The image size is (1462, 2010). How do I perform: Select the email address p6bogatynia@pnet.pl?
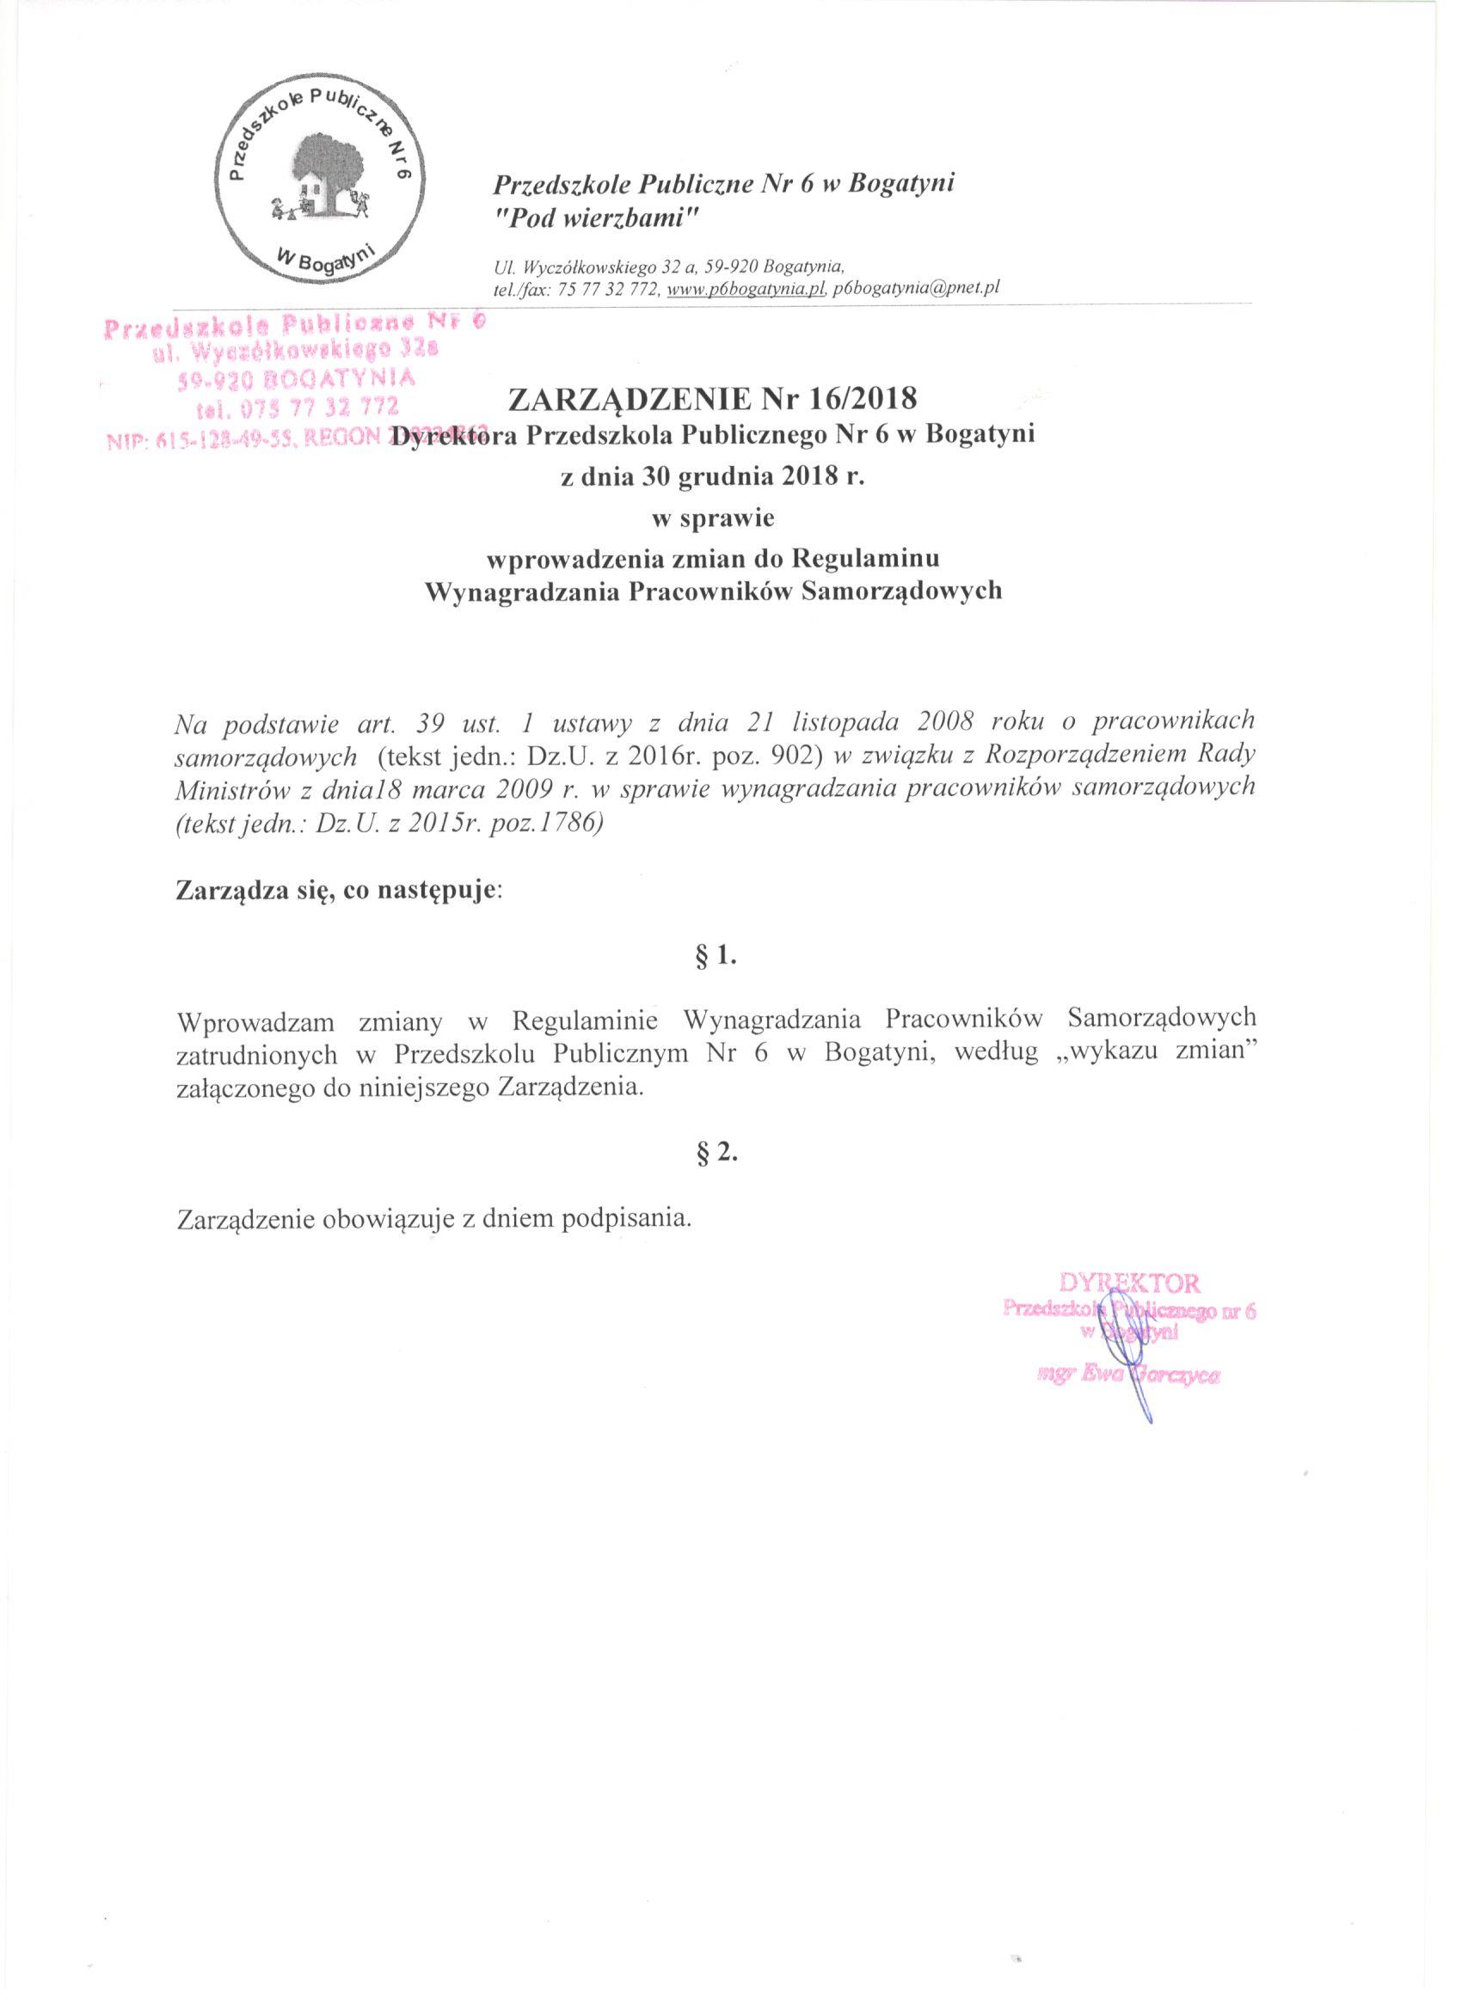pos(916,288)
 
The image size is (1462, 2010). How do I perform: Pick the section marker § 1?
pos(718,956)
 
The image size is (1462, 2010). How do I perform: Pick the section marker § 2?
pos(718,1153)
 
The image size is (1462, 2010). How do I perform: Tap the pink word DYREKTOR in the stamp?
pos(1128,1284)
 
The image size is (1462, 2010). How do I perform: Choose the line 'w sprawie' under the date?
pos(712,518)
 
